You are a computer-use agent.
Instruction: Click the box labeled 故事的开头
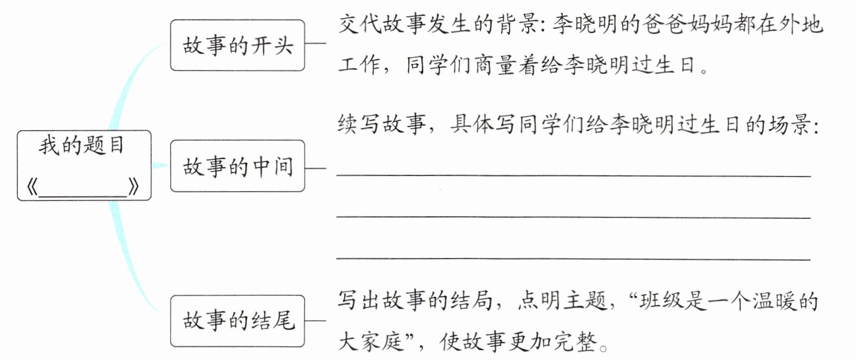237,45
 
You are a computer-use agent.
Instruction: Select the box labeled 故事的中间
237,166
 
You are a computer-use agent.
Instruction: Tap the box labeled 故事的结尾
237,321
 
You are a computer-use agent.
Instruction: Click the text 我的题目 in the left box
82,146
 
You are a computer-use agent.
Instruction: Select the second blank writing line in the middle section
573,217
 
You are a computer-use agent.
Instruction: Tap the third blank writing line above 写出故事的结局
573,259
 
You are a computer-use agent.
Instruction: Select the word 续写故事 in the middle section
381,125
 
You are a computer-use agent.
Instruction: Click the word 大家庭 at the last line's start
371,341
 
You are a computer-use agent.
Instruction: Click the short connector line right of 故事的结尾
315,321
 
